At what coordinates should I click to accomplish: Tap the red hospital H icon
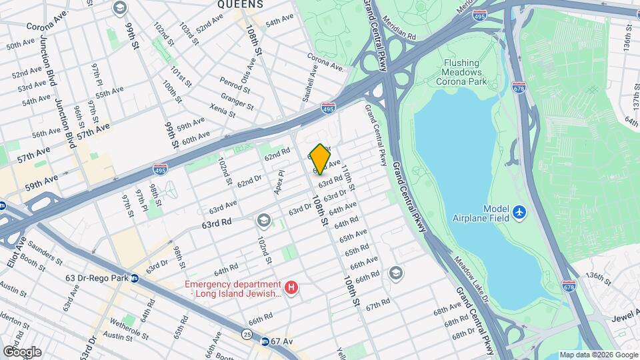291,288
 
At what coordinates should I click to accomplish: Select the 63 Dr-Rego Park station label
85,278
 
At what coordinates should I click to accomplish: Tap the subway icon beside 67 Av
265,341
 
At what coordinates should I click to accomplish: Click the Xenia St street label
221,109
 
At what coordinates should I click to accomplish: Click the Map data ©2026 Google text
597,355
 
